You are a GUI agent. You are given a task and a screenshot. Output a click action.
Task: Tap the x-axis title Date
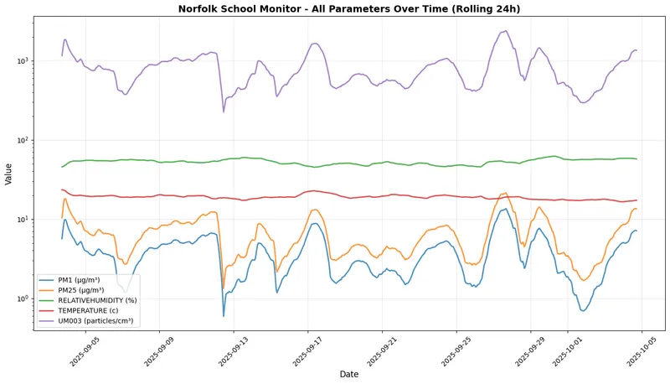[x=348, y=374]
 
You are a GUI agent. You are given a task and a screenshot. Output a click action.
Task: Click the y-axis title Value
[x=8, y=174]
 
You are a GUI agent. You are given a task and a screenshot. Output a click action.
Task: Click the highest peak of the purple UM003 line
[x=505, y=31]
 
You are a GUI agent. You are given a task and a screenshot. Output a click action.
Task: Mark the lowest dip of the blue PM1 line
[x=224, y=316]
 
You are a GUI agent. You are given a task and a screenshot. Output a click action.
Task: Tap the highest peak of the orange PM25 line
[x=504, y=193]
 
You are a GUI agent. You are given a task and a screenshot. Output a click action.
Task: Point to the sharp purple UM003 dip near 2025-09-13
[x=224, y=112]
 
